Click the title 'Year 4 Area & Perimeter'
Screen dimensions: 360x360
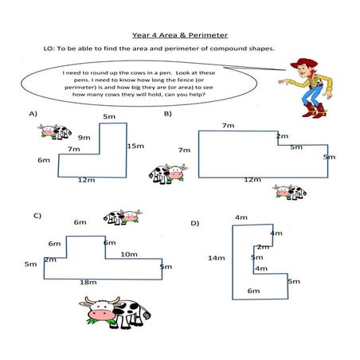click(x=179, y=35)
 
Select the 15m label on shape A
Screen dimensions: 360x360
click(x=135, y=146)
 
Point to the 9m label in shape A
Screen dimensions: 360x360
click(x=84, y=138)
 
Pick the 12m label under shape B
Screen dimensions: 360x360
click(x=252, y=180)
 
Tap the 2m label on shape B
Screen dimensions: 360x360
click(x=282, y=136)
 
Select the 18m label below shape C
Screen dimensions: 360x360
click(x=88, y=282)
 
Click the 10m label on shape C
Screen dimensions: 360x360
click(x=129, y=254)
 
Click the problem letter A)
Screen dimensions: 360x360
click(x=33, y=114)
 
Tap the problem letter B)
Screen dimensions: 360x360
click(x=168, y=114)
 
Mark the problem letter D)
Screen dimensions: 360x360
click(x=194, y=223)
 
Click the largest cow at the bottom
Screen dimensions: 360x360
click(x=115, y=311)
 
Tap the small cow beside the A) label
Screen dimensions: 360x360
click(x=54, y=131)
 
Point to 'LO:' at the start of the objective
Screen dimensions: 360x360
click(x=49, y=49)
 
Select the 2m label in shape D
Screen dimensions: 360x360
click(x=262, y=247)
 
